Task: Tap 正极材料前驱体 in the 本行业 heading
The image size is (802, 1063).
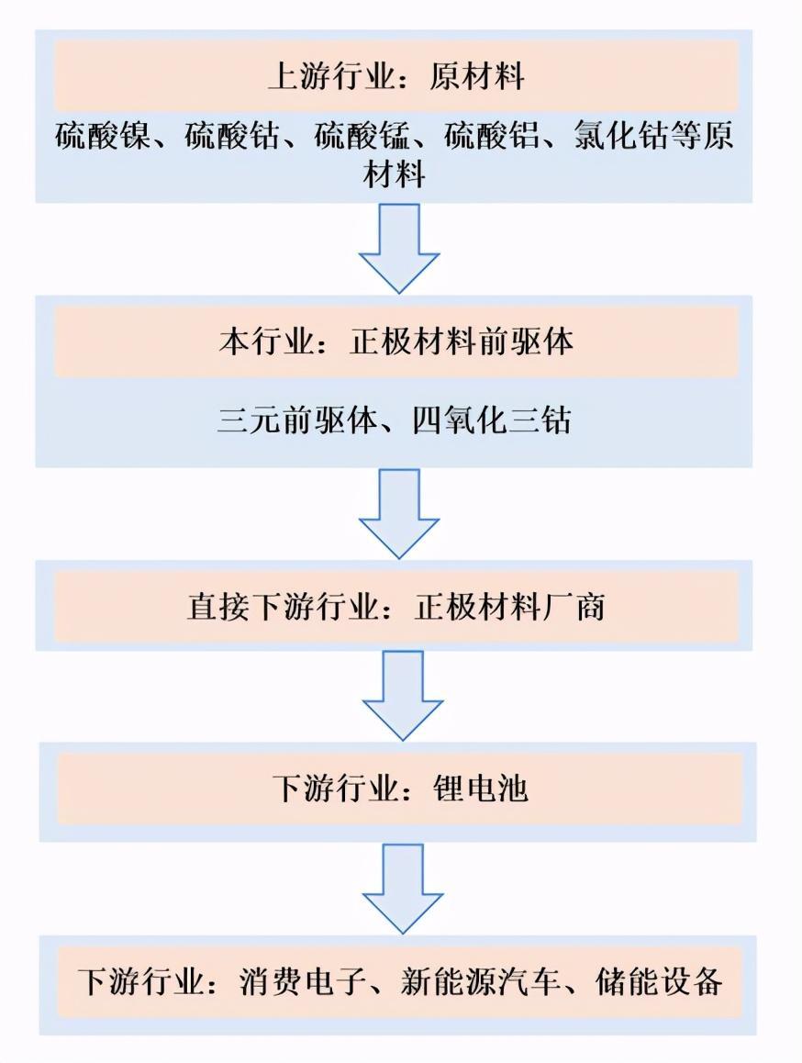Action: point(462,342)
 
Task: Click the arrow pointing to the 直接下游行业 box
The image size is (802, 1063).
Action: point(400,512)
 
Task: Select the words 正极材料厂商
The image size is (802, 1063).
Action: point(509,607)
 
